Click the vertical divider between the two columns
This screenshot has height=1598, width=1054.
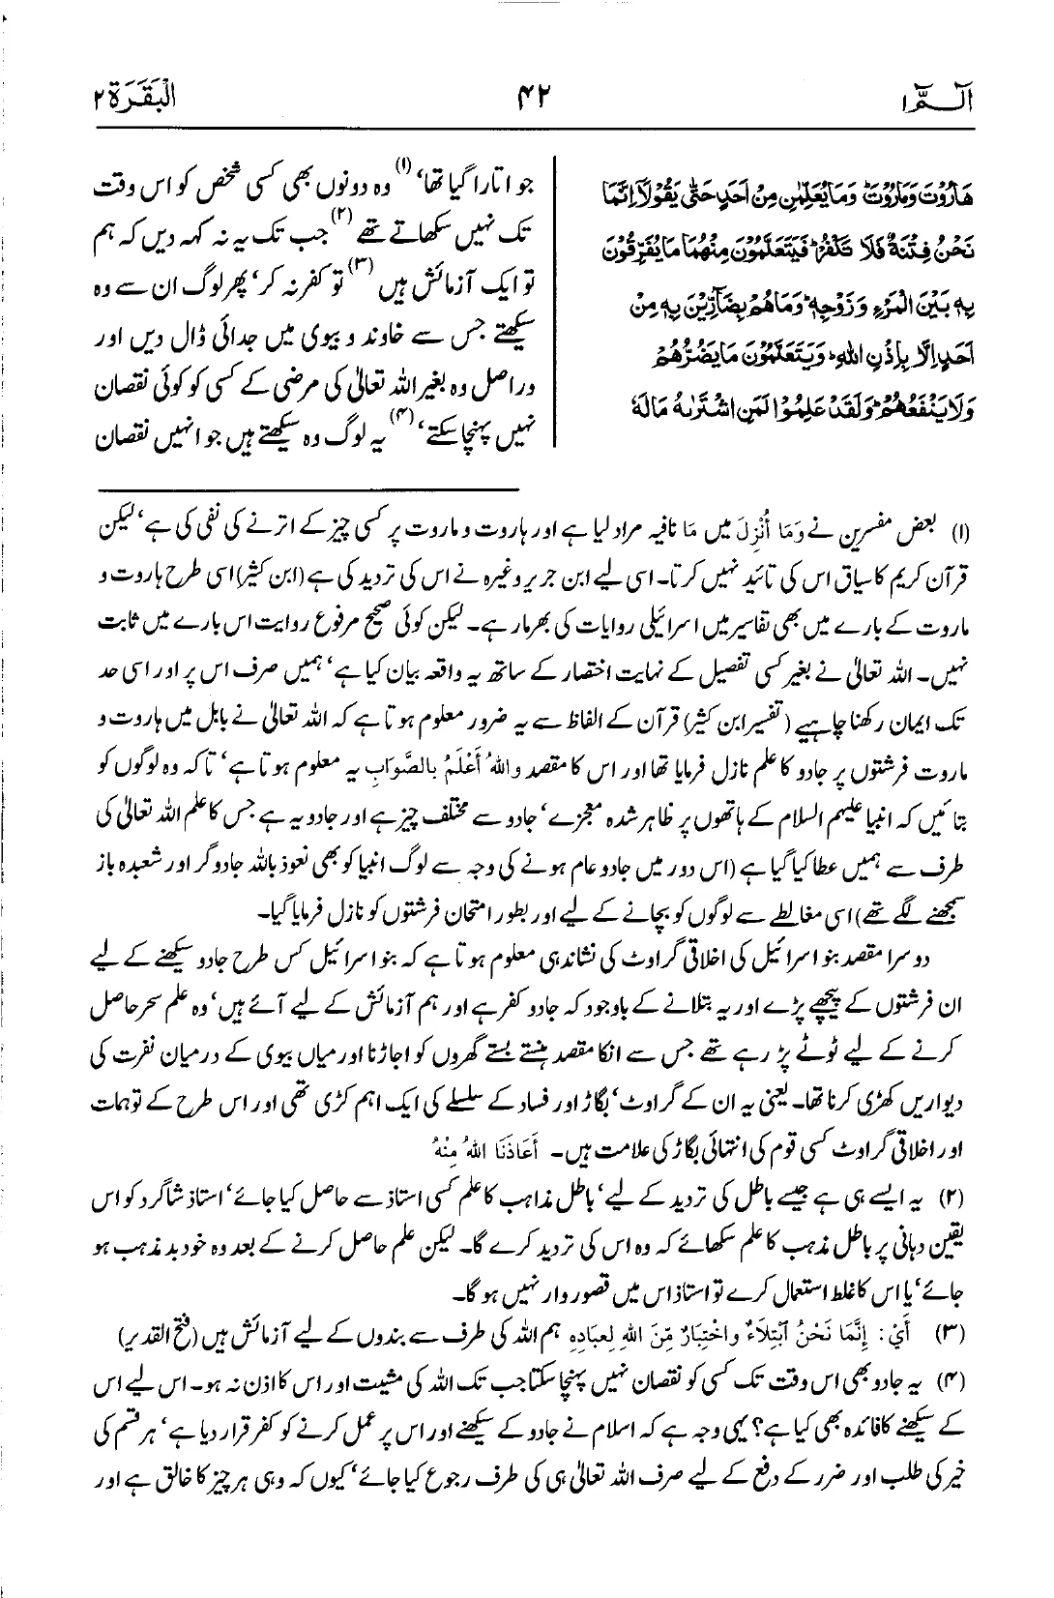553,295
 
